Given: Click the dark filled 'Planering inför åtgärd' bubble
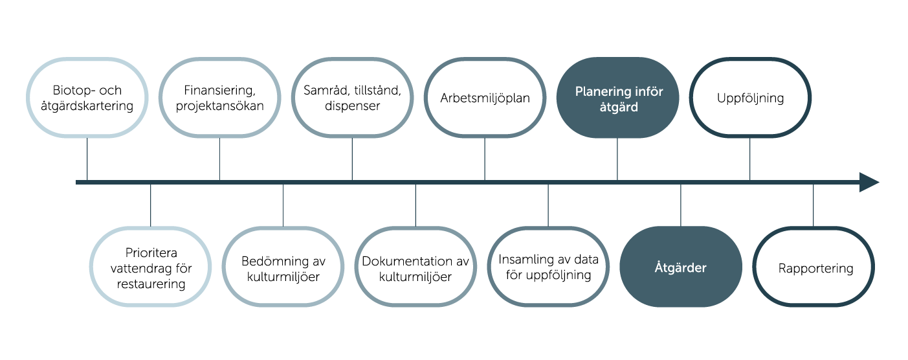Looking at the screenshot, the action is pyautogui.click(x=617, y=98).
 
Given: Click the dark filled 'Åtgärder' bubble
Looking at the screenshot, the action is pyautogui.click(x=681, y=267).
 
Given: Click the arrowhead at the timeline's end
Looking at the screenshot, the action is pyautogui.click(x=869, y=183).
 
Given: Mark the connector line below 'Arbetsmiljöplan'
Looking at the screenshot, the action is pyautogui.click(x=485, y=159).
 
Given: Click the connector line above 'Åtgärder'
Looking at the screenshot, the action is pyautogui.click(x=681, y=205).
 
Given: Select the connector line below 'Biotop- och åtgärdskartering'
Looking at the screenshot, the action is pyautogui.click(x=87, y=159).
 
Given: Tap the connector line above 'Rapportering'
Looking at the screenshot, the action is pyautogui.click(x=813, y=205).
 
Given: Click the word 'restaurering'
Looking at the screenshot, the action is pyautogui.click(x=151, y=284).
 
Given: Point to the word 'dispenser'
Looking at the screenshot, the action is pyautogui.click(x=352, y=106).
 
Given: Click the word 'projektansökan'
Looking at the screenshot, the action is pyautogui.click(x=219, y=106).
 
